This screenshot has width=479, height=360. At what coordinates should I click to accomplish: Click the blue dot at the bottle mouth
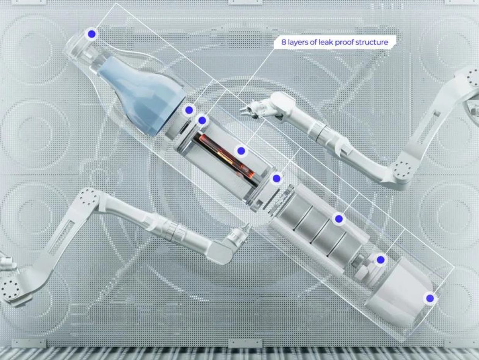(92, 34)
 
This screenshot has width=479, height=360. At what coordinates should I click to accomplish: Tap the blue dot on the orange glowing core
(241, 151)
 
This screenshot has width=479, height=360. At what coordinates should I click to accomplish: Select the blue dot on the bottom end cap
(430, 298)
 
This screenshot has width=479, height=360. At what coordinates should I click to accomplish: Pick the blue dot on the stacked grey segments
(339, 219)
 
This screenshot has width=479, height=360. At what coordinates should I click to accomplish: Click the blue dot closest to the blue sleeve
(189, 110)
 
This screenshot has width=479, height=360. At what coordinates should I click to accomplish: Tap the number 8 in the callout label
(284, 42)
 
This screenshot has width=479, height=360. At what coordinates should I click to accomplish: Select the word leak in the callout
(326, 42)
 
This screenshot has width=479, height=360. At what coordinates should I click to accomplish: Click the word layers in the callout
(298, 43)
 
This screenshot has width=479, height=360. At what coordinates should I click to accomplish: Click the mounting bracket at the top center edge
(245, 2)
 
